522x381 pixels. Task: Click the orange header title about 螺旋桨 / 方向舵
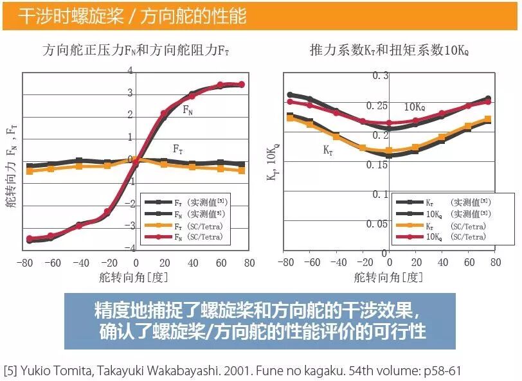(x=132, y=15)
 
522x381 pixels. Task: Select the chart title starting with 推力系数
(x=389, y=50)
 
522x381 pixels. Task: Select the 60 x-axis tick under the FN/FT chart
(x=220, y=263)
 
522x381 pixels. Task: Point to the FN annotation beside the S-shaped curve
(x=188, y=111)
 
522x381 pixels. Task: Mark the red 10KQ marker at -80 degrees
(x=290, y=102)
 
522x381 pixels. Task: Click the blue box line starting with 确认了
(x=260, y=332)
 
